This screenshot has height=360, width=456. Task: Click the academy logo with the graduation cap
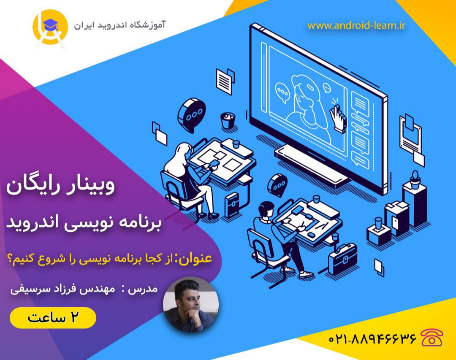click(x=50, y=28)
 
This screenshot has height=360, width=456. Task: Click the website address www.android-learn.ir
click(x=356, y=26)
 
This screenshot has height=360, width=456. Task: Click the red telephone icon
click(x=432, y=338)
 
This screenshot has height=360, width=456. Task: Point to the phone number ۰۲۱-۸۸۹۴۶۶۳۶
click(x=372, y=338)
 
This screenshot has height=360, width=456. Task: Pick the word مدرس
click(x=148, y=290)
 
